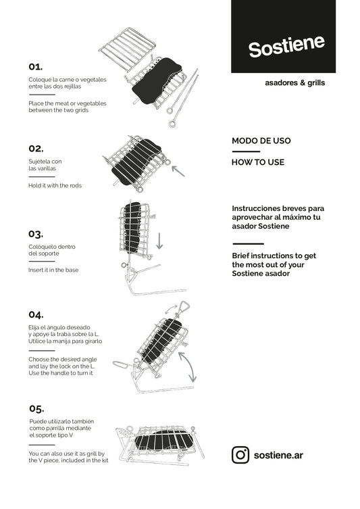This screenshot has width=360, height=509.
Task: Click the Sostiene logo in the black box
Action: tap(286, 47)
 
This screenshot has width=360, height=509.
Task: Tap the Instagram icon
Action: tap(240, 455)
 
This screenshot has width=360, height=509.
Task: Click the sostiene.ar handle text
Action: tap(278, 455)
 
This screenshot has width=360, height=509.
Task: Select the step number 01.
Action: tap(35, 67)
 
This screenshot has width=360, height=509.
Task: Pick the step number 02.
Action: tap(36, 149)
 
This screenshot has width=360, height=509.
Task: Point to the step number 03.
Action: tap(36, 234)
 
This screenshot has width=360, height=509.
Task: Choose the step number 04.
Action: tap(36, 314)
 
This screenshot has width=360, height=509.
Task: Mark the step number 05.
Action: tap(36, 408)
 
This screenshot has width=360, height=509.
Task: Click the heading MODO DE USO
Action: tap(261, 141)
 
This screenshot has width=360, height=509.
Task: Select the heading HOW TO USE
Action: tap(258, 162)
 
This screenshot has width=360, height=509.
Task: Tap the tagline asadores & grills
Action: tap(294, 82)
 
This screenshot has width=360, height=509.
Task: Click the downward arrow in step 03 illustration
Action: tap(159, 241)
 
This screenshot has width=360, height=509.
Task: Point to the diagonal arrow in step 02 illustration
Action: tap(178, 171)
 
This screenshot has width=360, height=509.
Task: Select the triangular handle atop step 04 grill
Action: tap(183, 307)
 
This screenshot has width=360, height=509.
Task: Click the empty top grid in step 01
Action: tap(127, 49)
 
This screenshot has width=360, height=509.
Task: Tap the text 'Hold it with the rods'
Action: tap(55, 186)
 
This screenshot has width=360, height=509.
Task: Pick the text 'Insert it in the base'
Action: tap(53, 270)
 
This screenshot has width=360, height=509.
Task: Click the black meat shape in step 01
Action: tap(157, 81)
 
